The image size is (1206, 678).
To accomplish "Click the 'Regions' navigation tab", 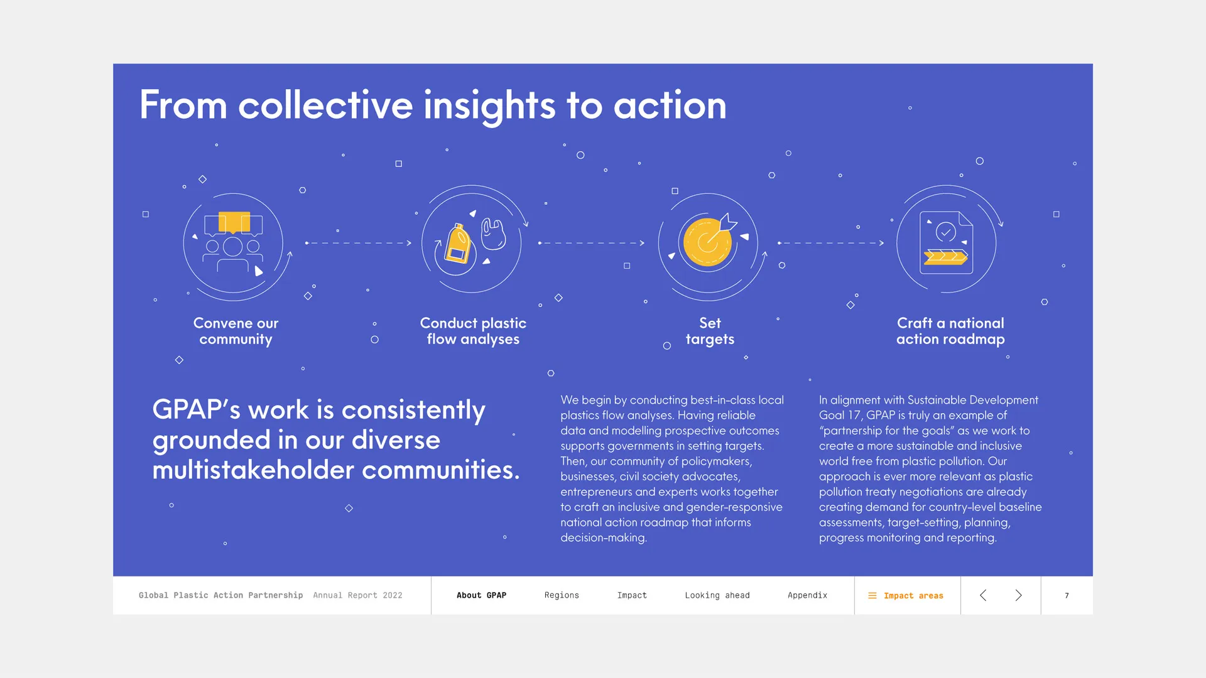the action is pos(562,595).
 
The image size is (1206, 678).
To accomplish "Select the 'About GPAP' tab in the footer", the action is pos(481,595).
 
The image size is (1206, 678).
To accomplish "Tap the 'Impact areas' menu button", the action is pos(906,596).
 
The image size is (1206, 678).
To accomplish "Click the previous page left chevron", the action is pos(983,595).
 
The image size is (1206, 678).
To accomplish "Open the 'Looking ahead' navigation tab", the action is pos(717,595).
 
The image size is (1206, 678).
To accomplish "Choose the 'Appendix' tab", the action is pos(807,595).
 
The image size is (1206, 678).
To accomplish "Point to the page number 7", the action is pos(1067,595).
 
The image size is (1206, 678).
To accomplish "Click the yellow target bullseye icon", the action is pos(708,242).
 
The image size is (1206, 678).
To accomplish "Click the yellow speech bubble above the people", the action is pos(234,222).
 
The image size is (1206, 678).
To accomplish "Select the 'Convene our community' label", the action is pos(236,331).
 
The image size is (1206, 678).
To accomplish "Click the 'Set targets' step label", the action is pos(710,331).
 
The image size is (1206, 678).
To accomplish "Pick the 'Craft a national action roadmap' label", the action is pos(950,331).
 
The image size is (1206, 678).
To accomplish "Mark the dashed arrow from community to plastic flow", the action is pos(359,243).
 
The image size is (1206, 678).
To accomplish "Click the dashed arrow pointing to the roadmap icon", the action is pos(831,243).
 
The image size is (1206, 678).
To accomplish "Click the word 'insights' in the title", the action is pos(489,105).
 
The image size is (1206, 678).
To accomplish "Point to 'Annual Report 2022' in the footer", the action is pos(357,595).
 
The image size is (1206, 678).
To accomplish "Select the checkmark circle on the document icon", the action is pos(946,232).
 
